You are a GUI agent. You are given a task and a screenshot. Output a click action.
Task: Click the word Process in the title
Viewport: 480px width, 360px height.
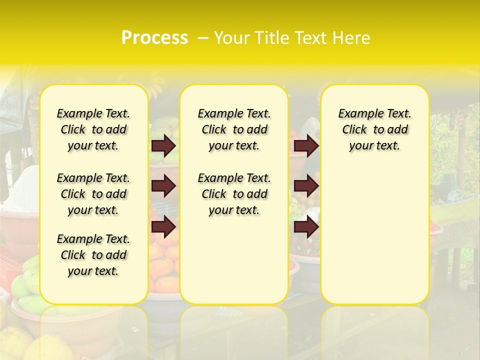(154, 38)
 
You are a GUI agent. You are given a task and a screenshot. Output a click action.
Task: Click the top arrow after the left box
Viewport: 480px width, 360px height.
(163, 146)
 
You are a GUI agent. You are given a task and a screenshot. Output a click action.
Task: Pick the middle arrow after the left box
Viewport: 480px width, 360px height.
(163, 186)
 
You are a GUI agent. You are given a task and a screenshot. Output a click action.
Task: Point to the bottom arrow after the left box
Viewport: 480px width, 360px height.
(163, 227)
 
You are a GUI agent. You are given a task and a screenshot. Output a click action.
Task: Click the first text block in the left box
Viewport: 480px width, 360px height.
(93, 129)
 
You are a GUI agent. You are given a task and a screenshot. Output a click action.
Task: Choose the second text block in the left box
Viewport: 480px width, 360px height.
(93, 194)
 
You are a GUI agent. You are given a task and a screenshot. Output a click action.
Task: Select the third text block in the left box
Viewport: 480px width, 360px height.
(93, 255)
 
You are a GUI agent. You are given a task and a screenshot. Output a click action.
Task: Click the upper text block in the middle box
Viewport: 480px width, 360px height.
(234, 129)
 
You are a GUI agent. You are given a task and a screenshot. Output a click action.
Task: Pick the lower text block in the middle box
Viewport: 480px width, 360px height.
(234, 194)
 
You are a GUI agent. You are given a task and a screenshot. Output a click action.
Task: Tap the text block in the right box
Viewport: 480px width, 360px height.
(375, 129)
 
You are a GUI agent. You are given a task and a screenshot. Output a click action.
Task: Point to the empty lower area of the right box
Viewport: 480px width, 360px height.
(375, 235)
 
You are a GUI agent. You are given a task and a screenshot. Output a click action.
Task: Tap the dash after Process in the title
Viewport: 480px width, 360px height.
(203, 38)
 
